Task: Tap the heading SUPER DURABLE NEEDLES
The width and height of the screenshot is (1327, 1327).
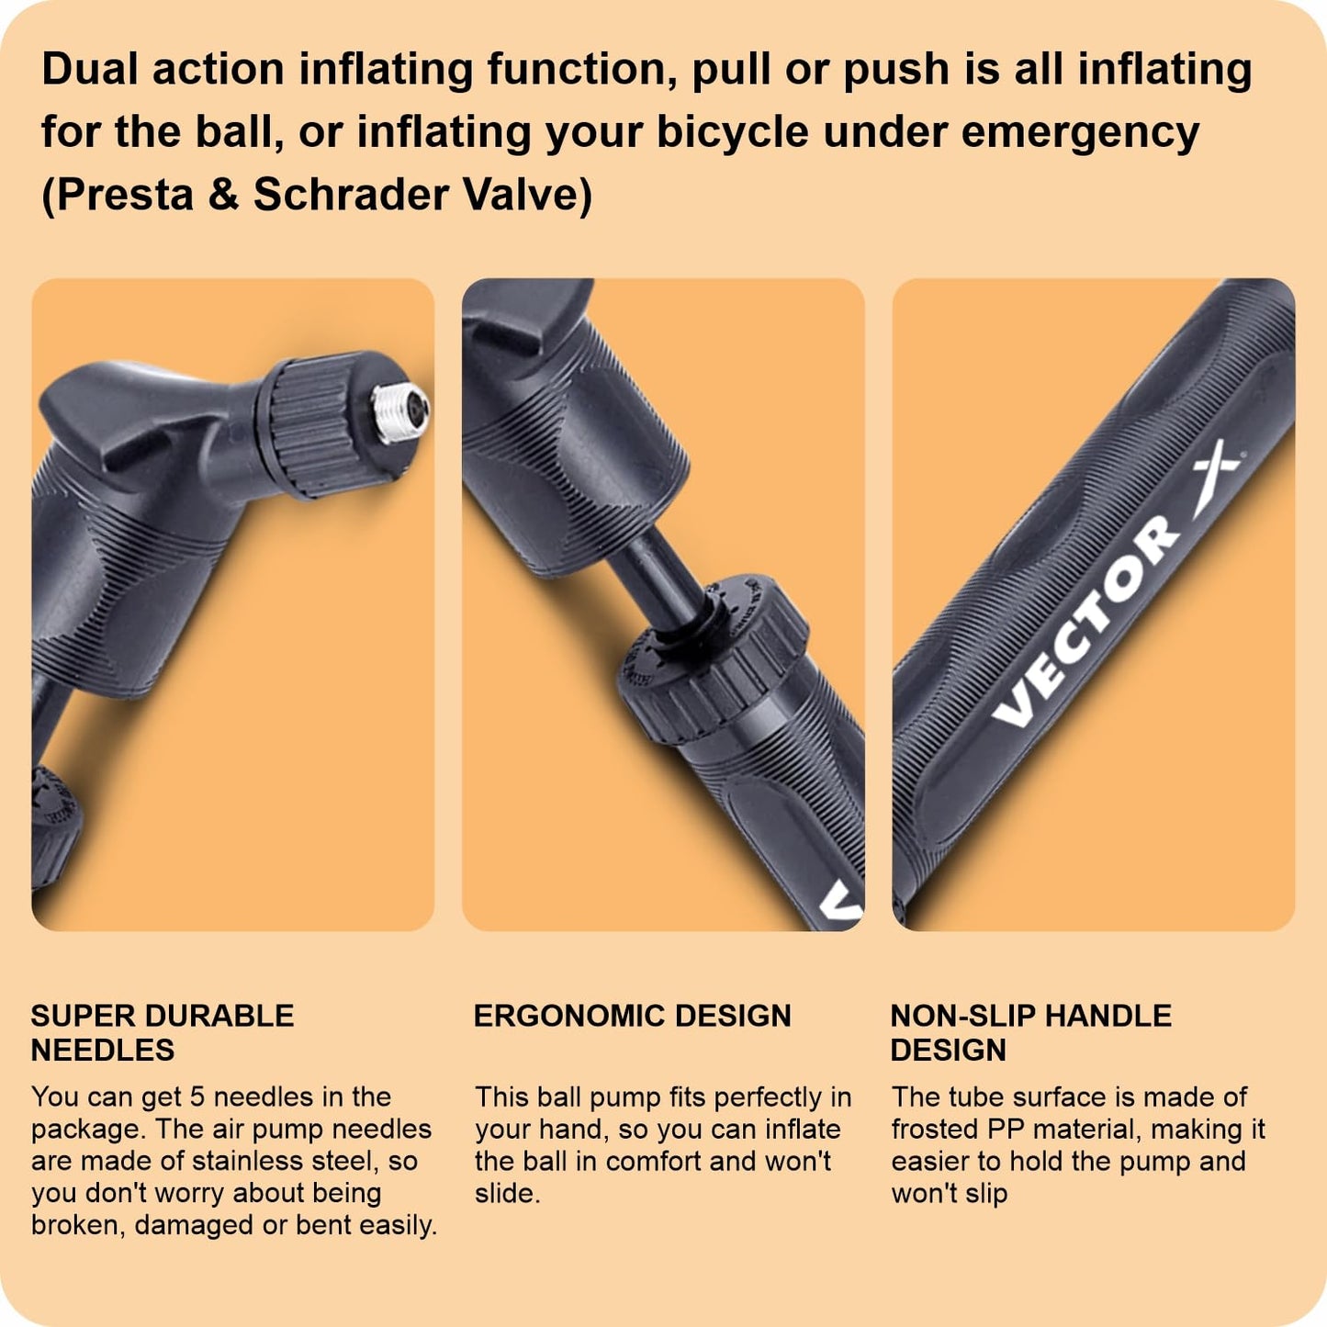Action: click(163, 1033)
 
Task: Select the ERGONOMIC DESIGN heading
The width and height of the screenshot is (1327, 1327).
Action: click(632, 1017)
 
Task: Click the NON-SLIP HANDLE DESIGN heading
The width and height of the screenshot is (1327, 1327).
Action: click(1031, 1033)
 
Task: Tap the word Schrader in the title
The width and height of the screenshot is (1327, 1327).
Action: click(351, 195)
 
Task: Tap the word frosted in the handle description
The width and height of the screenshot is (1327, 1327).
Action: click(934, 1130)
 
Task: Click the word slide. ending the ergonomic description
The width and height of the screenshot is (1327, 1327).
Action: click(508, 1194)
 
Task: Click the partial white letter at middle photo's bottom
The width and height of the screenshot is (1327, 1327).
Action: click(841, 901)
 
